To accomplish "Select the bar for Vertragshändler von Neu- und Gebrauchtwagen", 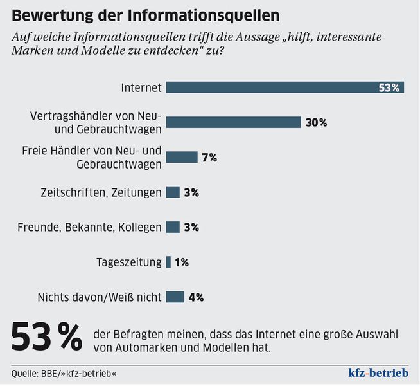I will [x=233, y=122].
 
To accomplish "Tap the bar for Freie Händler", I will [x=181, y=157].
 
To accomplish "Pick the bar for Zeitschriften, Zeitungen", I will [x=172, y=192].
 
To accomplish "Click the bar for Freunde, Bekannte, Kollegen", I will [x=172, y=226].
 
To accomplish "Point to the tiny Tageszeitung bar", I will [x=168, y=262].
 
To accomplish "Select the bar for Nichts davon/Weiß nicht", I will [x=175, y=297].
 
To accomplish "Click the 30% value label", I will [x=316, y=122].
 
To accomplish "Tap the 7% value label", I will [x=209, y=157].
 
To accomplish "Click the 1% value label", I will [x=180, y=262].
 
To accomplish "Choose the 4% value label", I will [x=195, y=297].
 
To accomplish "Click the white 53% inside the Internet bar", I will [x=389, y=87].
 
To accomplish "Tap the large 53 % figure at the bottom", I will [x=46, y=338].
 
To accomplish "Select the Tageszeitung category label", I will [x=128, y=262].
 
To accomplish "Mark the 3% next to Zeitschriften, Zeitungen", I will [x=191, y=192].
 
